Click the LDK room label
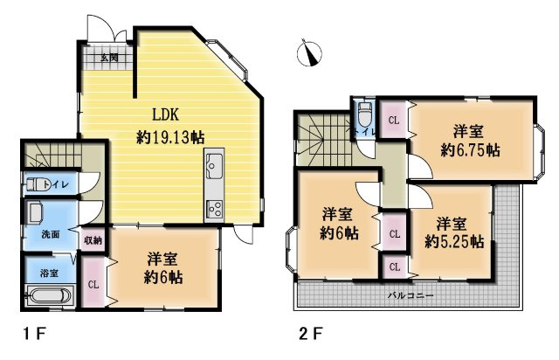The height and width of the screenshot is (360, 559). [x=165, y=114]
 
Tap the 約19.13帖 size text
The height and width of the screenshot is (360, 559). [x=170, y=137]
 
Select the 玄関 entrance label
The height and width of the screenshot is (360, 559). [x=109, y=58]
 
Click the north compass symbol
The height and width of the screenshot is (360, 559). [x=309, y=52]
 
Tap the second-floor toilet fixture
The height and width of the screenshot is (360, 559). [x=364, y=114]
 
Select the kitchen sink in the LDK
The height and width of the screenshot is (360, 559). [x=213, y=166]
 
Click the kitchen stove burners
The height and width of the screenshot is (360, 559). [x=214, y=210]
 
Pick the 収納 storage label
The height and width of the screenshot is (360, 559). [x=93, y=240]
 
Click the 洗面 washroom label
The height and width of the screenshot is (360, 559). [x=51, y=234]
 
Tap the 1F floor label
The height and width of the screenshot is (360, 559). [x=35, y=335]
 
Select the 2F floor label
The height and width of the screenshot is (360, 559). [x=311, y=335]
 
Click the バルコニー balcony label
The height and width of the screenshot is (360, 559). [x=411, y=295]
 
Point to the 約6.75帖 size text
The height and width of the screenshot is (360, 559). [x=470, y=150]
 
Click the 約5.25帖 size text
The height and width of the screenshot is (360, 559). [x=454, y=242]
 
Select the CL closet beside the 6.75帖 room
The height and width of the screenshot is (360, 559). [x=394, y=121]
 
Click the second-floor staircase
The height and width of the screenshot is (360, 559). [x=322, y=140]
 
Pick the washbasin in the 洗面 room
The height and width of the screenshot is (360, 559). [x=35, y=212]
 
